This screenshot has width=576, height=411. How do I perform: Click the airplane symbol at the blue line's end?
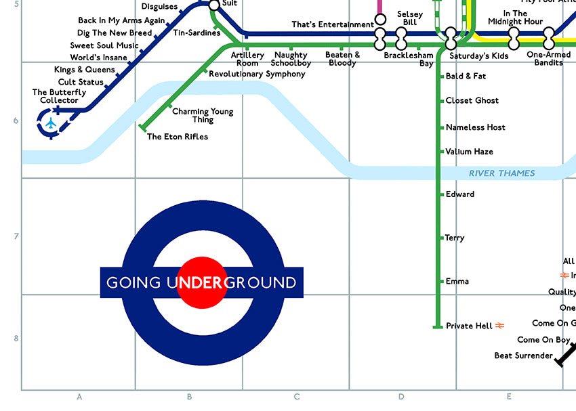pyautogui.click(x=50, y=123)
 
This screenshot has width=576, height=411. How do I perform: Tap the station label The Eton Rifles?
pyautogui.click(x=178, y=137)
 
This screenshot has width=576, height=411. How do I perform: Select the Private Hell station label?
pyautogui.click(x=469, y=326)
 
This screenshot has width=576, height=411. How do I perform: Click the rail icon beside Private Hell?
pyautogui.click(x=500, y=326)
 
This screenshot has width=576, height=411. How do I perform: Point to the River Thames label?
pyautogui.click(x=502, y=173)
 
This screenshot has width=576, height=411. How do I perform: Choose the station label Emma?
pyautogui.click(x=457, y=281)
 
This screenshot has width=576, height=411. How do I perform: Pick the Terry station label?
pyautogui.click(x=455, y=238)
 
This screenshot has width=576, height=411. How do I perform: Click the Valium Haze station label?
pyautogui.click(x=469, y=152)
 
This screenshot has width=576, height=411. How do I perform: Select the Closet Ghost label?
pyautogui.click(x=472, y=100)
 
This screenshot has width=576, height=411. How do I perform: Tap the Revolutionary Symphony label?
pyautogui.click(x=257, y=74)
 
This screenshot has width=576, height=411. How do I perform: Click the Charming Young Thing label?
pyautogui.click(x=203, y=116)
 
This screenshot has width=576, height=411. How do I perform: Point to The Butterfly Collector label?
pyautogui.click(x=60, y=96)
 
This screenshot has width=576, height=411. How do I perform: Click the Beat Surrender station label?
pyautogui.click(x=523, y=355)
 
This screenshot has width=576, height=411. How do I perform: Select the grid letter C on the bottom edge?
pyautogui.click(x=296, y=397)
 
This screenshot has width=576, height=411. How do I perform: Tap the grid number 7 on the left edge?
pyautogui.click(x=16, y=236)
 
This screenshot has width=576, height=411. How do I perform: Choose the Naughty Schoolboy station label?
pyautogui.click(x=291, y=59)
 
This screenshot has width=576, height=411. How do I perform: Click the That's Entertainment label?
pyautogui.click(x=332, y=25)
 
